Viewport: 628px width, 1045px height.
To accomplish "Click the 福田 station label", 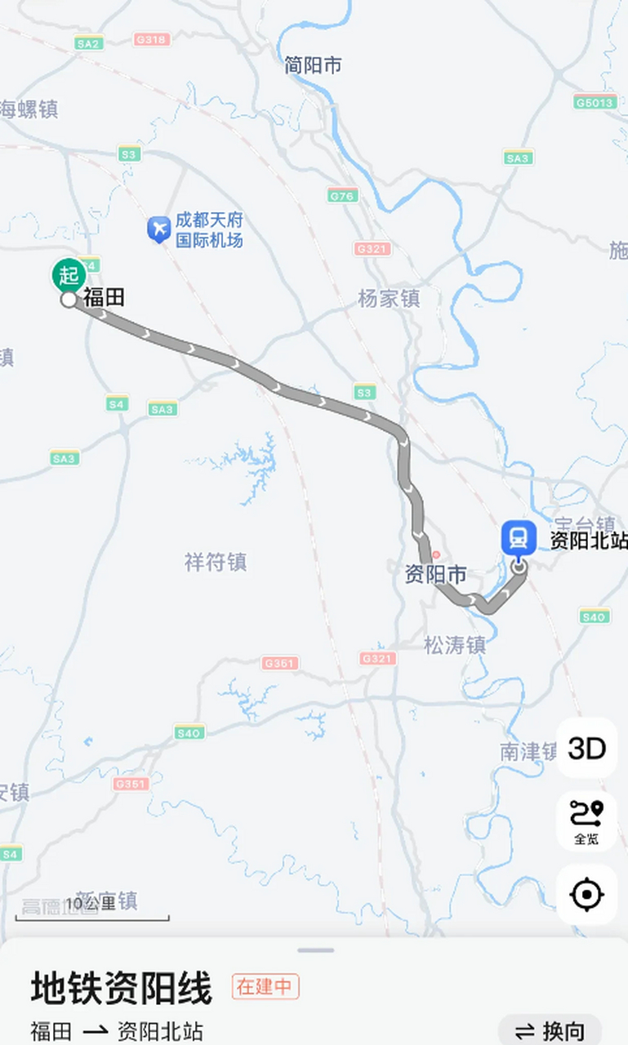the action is click(x=104, y=298).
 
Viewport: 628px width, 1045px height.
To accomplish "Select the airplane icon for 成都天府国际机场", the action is click(x=158, y=229).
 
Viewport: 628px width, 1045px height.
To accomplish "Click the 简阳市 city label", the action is click(x=313, y=65).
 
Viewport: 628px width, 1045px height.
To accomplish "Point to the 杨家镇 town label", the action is click(x=389, y=299).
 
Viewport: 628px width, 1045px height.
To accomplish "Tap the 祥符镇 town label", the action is click(x=216, y=562).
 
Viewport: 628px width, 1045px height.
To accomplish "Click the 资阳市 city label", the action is click(x=436, y=575).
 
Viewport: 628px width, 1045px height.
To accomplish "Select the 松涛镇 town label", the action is click(x=455, y=645).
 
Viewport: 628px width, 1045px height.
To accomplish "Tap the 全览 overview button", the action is click(x=586, y=821).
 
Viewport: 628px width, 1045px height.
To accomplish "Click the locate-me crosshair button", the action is click(x=586, y=895).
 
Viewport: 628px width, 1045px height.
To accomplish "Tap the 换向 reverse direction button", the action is click(x=550, y=1030).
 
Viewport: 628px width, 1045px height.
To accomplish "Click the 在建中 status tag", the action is click(x=265, y=986).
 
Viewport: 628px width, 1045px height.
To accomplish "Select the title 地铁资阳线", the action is click(x=122, y=988).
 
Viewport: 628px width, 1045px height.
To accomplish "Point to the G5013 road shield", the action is click(x=594, y=102).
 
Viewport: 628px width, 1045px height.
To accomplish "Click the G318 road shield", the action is click(x=151, y=39).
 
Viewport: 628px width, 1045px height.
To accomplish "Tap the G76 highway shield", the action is click(x=343, y=195).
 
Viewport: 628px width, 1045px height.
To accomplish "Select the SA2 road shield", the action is click(x=88, y=43).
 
